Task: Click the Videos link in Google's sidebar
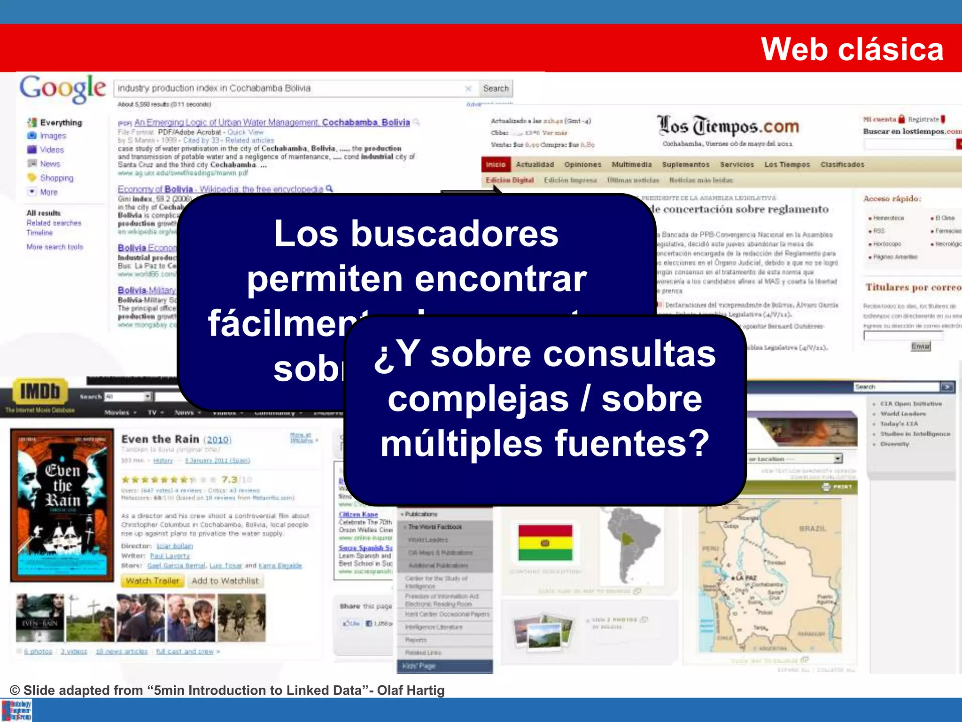point(52,150)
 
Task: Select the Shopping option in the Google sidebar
point(56,178)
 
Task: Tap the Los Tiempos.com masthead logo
point(728,126)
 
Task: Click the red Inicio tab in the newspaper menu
point(496,165)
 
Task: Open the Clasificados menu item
point(842,165)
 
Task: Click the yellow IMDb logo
point(40,391)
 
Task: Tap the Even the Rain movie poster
point(62,505)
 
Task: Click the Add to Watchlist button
point(225,581)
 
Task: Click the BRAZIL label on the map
point(812,529)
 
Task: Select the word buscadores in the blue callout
point(454,234)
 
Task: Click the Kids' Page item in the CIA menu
point(419,666)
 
